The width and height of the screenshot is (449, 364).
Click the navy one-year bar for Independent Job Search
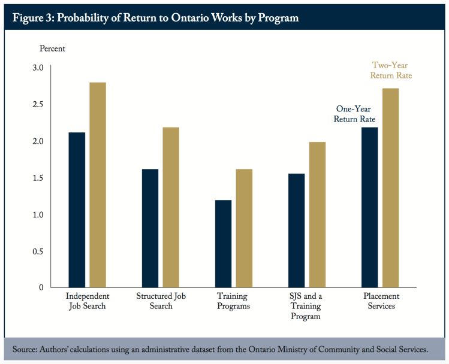coord(77,210)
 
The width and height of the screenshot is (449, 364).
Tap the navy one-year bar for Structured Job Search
coord(150,228)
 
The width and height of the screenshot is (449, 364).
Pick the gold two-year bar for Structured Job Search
coord(171,207)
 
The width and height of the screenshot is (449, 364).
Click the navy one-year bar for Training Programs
coord(223,244)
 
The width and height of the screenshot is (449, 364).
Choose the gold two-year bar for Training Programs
coord(244,228)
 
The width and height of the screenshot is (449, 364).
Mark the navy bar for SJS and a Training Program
coord(296,230)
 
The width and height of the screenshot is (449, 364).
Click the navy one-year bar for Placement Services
coord(369,207)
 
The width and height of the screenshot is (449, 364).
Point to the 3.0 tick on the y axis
coord(38,68)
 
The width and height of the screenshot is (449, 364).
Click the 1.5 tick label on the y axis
coord(38,178)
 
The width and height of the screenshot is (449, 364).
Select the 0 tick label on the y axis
coord(41,287)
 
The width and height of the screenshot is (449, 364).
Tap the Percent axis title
coord(52,48)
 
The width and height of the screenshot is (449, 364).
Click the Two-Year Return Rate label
coord(391,70)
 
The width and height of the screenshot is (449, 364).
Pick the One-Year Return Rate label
coord(355,114)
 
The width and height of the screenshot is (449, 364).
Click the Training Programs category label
coord(233,301)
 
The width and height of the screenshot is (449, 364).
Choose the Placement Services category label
coord(381,301)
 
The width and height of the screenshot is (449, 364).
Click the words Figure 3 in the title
coord(31,18)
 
